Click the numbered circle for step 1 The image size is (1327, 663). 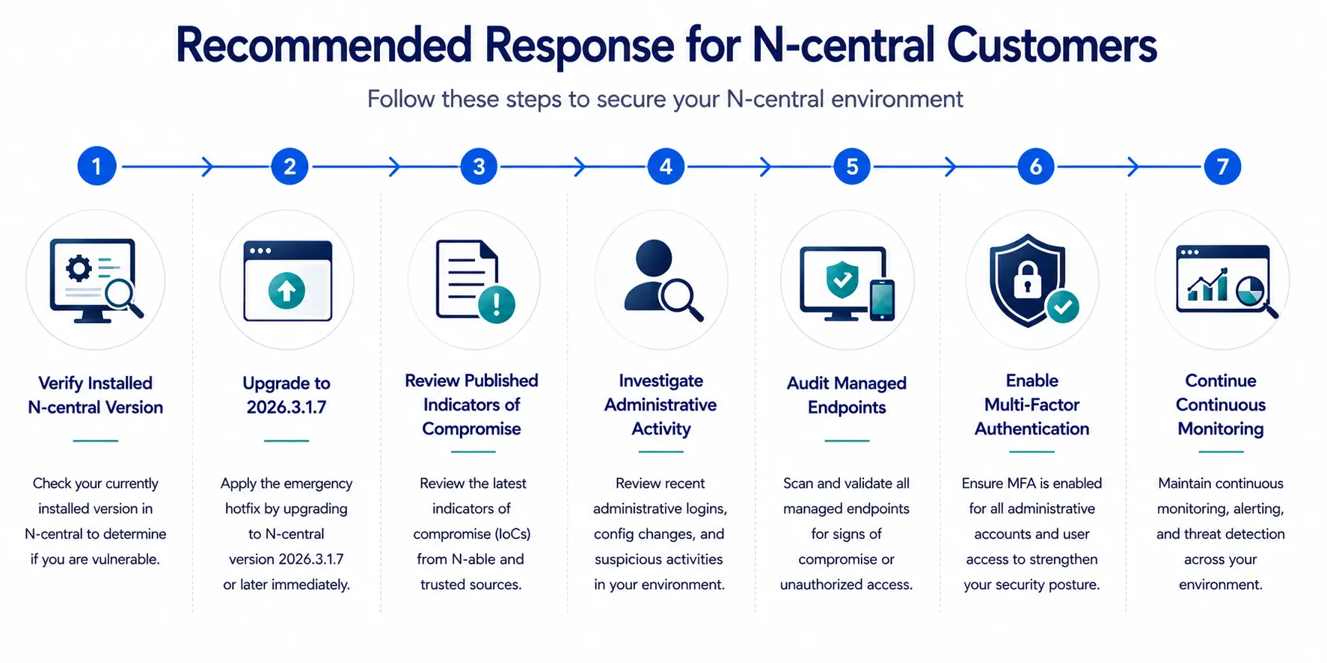click(x=96, y=166)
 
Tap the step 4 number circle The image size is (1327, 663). click(x=666, y=166)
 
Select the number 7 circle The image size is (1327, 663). click(x=1222, y=166)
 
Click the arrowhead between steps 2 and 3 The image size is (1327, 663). click(x=395, y=167)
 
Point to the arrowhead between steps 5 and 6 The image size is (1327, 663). click(x=951, y=167)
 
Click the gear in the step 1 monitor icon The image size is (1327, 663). click(x=79, y=268)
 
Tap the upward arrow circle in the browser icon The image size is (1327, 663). click(x=286, y=290)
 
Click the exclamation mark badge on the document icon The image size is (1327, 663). click(x=496, y=304)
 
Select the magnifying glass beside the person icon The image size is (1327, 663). click(x=681, y=299)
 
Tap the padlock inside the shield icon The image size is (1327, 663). click(x=1028, y=280)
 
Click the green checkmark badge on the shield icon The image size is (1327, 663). click(x=1063, y=306)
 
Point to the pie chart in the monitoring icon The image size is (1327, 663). click(x=1250, y=291)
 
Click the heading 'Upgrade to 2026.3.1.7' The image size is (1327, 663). click(x=286, y=395)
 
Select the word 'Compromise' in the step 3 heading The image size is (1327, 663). click(x=471, y=428)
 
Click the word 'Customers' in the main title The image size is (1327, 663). click(x=1052, y=45)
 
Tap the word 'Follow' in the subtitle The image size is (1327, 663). click(x=401, y=99)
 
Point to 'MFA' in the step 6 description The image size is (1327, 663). click(x=1022, y=484)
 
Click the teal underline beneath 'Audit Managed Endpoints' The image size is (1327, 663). click(x=847, y=441)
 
